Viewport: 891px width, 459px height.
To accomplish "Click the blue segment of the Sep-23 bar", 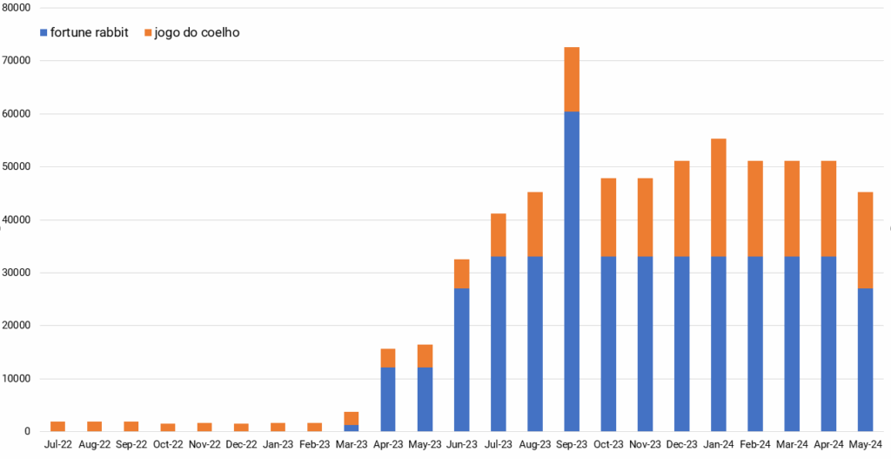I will tap(572, 271).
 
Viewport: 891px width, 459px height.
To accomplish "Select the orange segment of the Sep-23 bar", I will tap(572, 79).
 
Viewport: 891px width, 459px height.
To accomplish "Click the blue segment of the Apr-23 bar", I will tap(388, 399).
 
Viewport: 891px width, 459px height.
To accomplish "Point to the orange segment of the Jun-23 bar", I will tap(461, 273).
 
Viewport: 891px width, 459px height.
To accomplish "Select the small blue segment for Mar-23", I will tap(351, 428).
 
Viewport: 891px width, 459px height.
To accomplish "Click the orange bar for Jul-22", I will tap(57, 426).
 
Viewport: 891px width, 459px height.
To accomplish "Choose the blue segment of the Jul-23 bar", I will tap(499, 343).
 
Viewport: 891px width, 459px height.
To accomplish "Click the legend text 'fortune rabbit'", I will tap(90, 33).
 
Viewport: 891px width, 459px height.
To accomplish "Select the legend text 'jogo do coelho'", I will tap(197, 33).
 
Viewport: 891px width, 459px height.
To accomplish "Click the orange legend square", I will tap(147, 33).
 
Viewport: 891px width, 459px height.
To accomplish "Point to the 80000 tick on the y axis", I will tap(17, 8).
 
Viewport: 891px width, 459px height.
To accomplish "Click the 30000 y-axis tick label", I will tap(17, 273).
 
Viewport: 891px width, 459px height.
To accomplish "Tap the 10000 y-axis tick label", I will tap(17, 379).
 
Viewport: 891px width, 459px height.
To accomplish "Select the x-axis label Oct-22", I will tap(168, 444).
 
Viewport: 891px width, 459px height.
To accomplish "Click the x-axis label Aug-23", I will tap(535, 444).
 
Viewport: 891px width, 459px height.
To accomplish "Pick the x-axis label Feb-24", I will tap(755, 444).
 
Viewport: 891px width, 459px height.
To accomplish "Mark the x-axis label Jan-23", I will tap(278, 444).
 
